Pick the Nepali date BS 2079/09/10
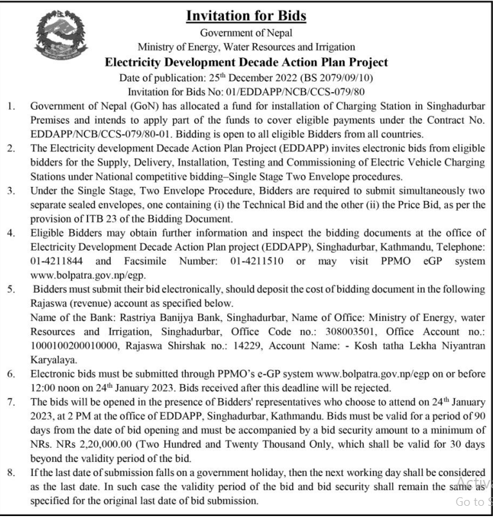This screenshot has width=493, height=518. click(349, 78)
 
